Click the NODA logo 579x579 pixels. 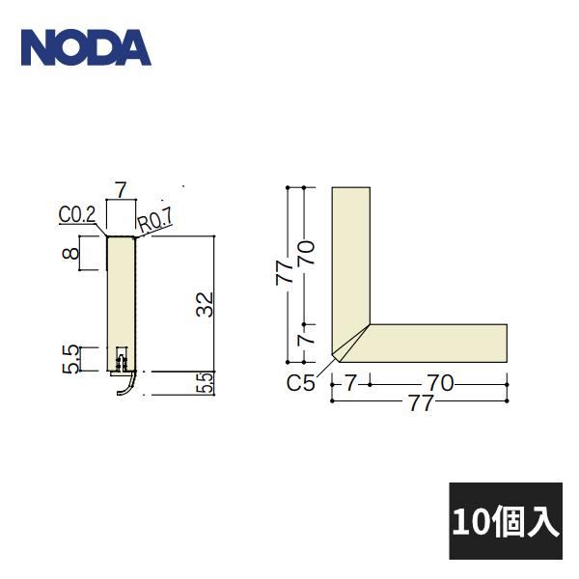pyautogui.click(x=86, y=47)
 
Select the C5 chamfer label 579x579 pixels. pyautogui.click(x=301, y=383)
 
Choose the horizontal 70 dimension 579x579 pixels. pyautogui.click(x=440, y=383)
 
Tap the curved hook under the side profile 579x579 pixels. pyautogui.click(x=124, y=387)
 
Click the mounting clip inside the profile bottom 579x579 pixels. pyautogui.click(x=122, y=363)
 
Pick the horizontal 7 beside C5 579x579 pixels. pyautogui.click(x=349, y=383)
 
